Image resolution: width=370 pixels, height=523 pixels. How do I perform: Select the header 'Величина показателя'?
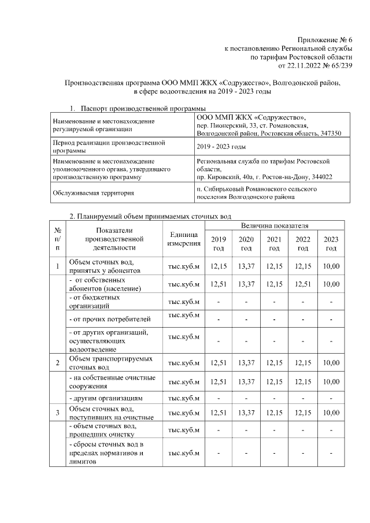pyautogui.click(x=275, y=224)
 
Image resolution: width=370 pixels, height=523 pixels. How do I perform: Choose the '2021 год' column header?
pyautogui.click(x=275, y=244)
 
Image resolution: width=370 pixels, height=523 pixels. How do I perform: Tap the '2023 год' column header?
pyautogui.click(x=331, y=244)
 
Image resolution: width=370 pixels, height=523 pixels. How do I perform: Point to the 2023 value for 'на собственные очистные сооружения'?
pyautogui.click(x=331, y=382)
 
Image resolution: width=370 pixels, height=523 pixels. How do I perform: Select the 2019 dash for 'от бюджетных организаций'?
pyautogui.click(x=219, y=302)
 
